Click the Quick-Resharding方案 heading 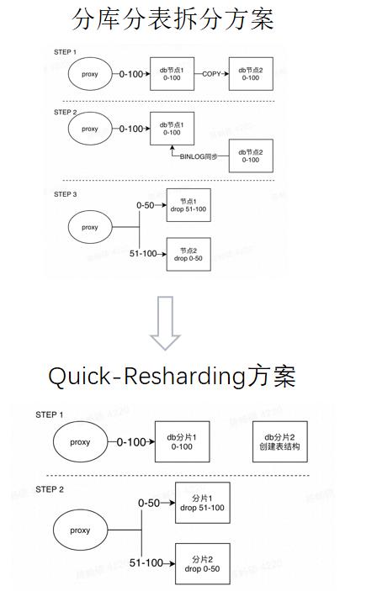[x=172, y=376]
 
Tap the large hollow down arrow [x=165, y=323]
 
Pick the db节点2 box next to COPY [x=250, y=74]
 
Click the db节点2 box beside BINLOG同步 [x=250, y=156]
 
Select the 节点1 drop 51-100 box [x=188, y=205]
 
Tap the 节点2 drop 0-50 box [x=188, y=254]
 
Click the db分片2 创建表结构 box [x=280, y=442]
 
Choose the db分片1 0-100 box [x=181, y=441]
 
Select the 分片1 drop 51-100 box [x=202, y=503]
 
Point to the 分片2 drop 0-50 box [x=202, y=564]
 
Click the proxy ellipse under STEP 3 [x=89, y=227]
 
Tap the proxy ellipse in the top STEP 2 [x=89, y=129]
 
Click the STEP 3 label [x=65, y=194]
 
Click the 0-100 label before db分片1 [x=130, y=441]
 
